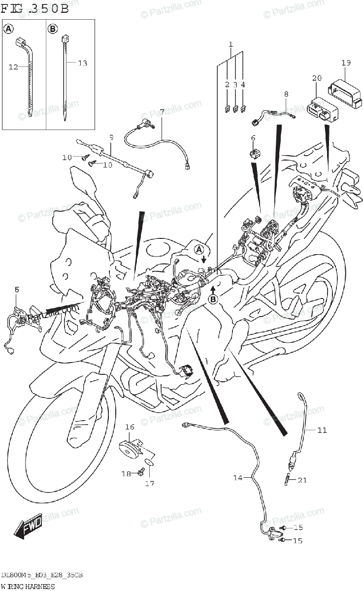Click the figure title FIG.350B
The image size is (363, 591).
coord(35,8)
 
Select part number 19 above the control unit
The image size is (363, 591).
coord(346,63)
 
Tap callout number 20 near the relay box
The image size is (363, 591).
coord(317,78)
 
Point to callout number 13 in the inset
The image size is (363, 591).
coord(82,63)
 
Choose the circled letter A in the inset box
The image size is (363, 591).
coord(8,30)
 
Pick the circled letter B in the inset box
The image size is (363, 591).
coord(53,30)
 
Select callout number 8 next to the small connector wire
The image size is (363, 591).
coord(286,94)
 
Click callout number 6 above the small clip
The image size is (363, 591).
coord(253,138)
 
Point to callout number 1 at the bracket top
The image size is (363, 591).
coord(231,45)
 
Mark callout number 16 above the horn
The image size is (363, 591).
coord(130,427)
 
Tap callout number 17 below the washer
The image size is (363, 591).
coord(149,483)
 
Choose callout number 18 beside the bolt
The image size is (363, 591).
coord(126,474)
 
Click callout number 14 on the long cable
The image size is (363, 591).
coord(238,477)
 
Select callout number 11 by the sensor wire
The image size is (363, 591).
coord(321,430)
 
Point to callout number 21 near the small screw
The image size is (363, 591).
coord(302,480)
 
